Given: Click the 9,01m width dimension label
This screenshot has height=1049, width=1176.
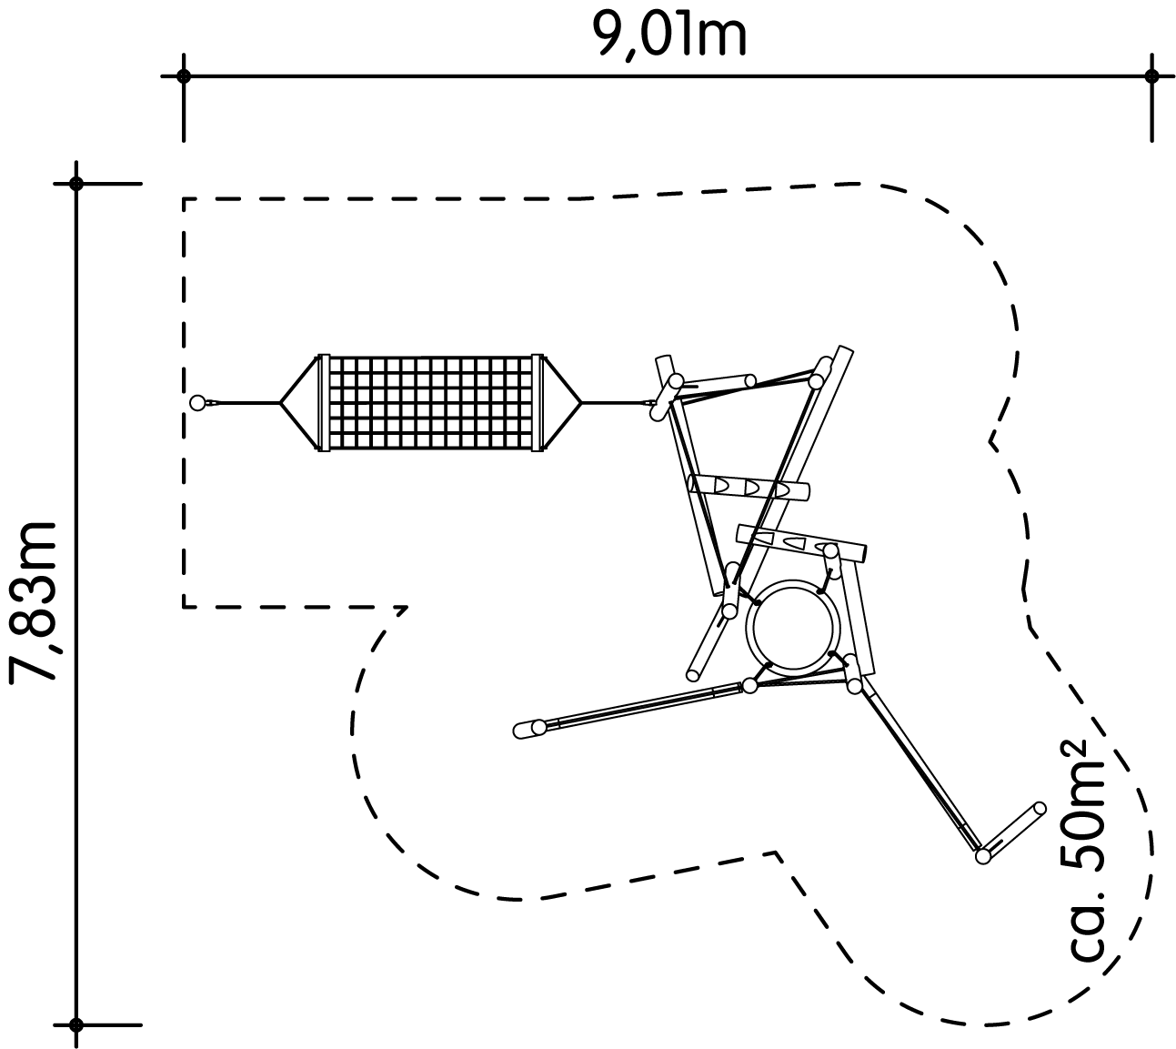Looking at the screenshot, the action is (668, 35).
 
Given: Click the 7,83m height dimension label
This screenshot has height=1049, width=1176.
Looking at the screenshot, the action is (33, 602).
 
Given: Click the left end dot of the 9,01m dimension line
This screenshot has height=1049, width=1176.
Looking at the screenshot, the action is (184, 76).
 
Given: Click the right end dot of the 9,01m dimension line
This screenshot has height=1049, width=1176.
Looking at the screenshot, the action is (1151, 76).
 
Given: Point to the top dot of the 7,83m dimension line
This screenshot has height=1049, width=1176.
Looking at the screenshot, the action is (76, 184).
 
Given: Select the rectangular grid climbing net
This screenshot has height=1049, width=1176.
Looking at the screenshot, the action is (430, 402).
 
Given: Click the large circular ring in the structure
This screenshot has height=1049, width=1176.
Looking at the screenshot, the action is (793, 627).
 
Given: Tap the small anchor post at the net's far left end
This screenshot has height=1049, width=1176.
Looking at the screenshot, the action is (197, 402).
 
